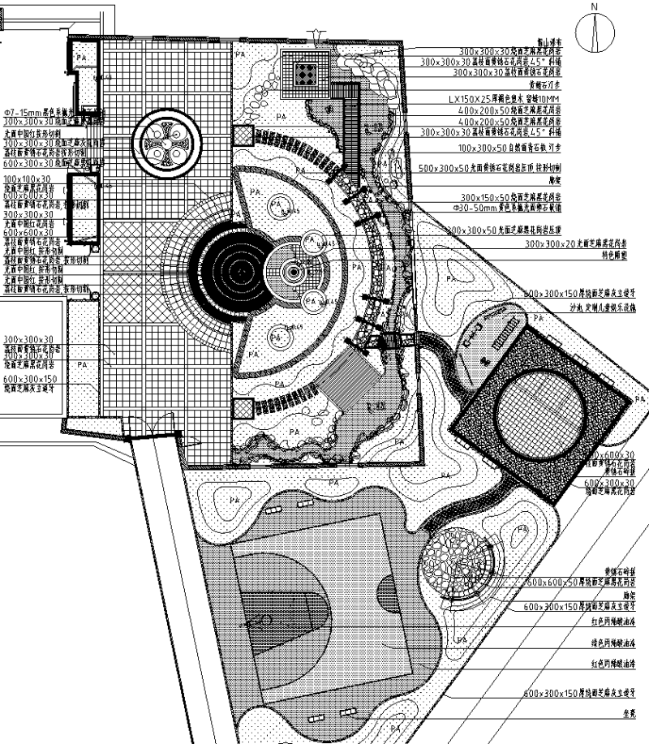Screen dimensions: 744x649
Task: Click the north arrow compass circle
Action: (595, 32)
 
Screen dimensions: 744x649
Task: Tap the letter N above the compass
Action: (595, 7)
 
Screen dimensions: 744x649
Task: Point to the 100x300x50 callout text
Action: (519, 149)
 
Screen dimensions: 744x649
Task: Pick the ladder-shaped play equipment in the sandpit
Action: (500, 333)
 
